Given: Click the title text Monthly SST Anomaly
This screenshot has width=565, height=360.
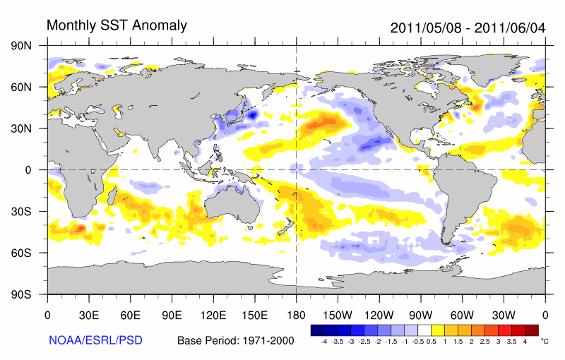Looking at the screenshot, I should click(117, 25).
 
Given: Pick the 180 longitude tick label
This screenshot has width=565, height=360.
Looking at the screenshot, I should click(295, 315).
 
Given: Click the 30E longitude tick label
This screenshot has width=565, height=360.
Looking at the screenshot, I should click(88, 315).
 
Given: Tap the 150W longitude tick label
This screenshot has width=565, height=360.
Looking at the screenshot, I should click(337, 315).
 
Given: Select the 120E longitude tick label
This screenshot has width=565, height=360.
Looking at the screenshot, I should click(213, 315).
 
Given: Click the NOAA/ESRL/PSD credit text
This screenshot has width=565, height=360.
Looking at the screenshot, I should click(95, 340).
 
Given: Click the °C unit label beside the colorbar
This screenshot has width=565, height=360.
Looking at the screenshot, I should click(544, 340).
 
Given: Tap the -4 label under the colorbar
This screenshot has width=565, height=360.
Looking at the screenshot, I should click(323, 341).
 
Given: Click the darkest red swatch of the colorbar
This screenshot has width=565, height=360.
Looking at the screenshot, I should click(531, 330).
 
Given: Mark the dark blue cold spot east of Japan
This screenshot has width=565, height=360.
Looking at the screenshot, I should click(253, 114).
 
